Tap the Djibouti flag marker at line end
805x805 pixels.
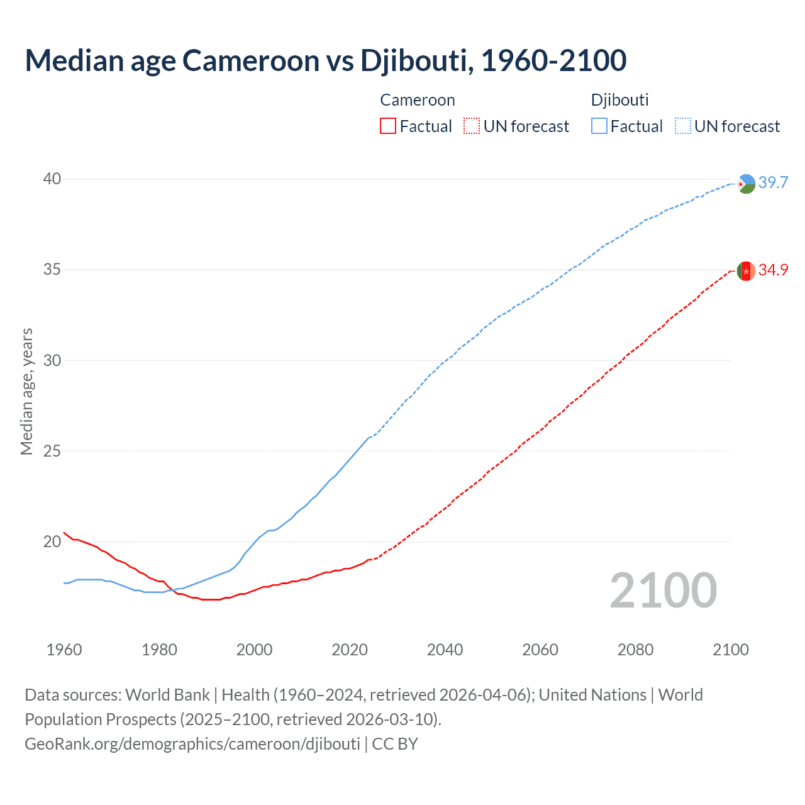tap(746, 184)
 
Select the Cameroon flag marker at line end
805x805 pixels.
tap(746, 270)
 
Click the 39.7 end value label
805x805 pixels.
tap(773, 182)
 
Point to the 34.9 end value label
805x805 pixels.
tap(773, 270)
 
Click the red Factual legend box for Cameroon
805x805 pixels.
tap(388, 126)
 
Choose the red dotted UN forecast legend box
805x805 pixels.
tap(472, 126)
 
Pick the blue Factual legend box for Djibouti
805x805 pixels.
tap(599, 126)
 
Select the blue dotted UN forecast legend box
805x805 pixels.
tap(683, 126)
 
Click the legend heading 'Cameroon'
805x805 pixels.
tap(418, 100)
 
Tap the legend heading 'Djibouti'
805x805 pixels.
tap(619, 100)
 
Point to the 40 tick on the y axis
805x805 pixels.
tap(52, 179)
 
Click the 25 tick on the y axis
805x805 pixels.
tap(52, 451)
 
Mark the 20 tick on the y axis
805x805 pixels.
tap(52, 541)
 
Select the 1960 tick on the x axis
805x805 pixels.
tap(64, 650)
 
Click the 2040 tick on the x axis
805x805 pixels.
tap(445, 650)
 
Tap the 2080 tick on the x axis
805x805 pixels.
tap(635, 650)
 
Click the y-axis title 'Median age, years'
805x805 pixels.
tap(26, 391)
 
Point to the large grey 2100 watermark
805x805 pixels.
tap(663, 591)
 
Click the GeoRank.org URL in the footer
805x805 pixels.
tap(192, 744)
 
